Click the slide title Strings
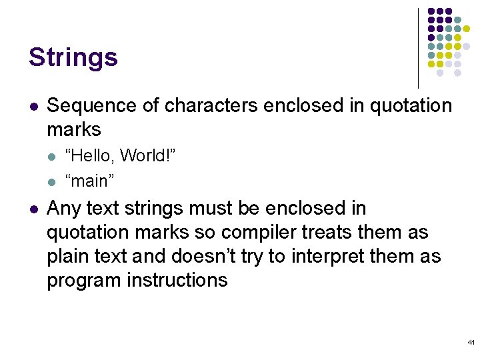[x=73, y=57]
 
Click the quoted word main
[x=89, y=180]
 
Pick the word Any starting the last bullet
[x=63, y=209]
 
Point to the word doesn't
[x=213, y=257]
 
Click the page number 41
[x=471, y=342]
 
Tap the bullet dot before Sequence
[x=33, y=106]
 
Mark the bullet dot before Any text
[x=33, y=209]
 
